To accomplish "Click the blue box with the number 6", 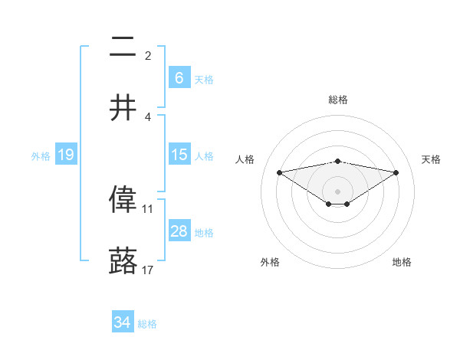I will coord(179,77).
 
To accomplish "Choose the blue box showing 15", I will coord(179,155).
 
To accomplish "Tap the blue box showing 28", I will coord(179,231).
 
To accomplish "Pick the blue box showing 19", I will coord(66,155).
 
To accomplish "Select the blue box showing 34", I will coord(123,322).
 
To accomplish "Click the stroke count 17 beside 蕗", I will coord(147,270).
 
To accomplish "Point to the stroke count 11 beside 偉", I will coord(147,208).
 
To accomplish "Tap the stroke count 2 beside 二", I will coord(147,55).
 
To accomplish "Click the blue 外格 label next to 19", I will coord(41,155).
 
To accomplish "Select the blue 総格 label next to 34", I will coord(147,324).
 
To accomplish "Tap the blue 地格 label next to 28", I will coord(204,232).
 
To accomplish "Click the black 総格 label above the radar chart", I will coord(338,100).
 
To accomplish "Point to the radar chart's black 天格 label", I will coord(431,159).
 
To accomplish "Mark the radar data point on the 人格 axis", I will coord(279,172).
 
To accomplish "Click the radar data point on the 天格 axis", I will coord(396,172).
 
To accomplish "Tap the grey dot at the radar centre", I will coord(337,191).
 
